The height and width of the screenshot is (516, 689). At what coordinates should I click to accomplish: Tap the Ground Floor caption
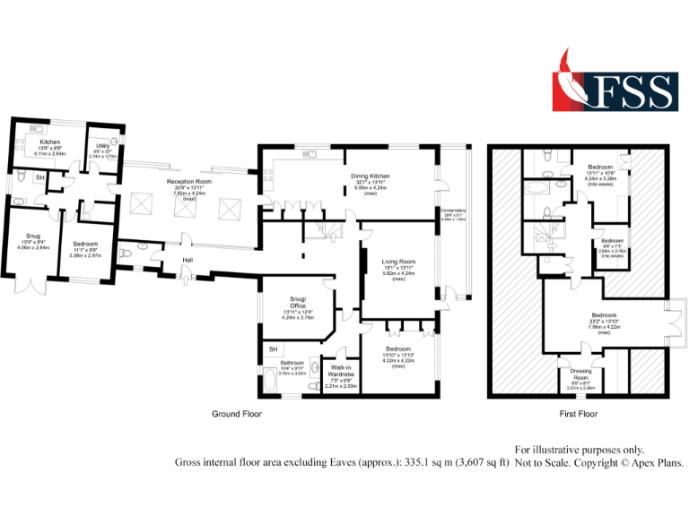coord(236,414)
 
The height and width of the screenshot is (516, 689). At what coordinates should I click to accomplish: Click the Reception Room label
coord(188,181)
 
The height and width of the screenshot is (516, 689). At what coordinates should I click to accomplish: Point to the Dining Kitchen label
coord(370,176)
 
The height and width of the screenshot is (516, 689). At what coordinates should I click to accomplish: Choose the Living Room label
coord(398,262)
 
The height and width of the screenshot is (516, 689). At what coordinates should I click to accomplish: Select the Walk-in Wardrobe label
coord(341,370)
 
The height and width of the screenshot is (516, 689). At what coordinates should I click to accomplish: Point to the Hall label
coord(188,260)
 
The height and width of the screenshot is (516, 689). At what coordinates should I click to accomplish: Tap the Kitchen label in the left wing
coord(49,142)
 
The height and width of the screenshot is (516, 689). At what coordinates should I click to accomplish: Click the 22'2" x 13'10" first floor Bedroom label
coord(603,315)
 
